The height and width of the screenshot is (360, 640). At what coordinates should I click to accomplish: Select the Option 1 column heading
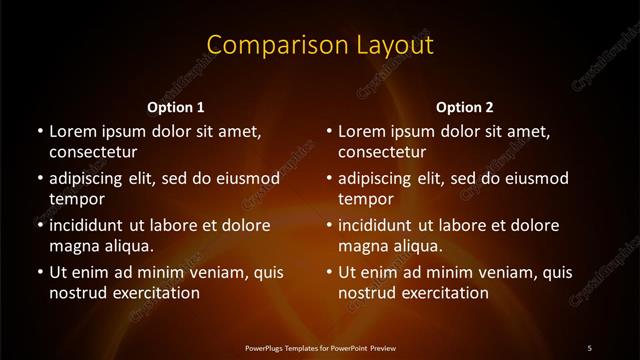pos(176,106)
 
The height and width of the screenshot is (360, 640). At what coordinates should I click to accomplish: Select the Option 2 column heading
pos(465,106)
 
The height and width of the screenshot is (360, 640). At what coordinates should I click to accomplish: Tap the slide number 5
pos(589,347)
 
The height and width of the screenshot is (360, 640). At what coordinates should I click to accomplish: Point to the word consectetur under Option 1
pos(93,152)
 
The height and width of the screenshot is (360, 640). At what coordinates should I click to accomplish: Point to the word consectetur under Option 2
pos(382,152)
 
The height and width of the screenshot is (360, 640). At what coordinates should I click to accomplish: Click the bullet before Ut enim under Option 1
pos(39,272)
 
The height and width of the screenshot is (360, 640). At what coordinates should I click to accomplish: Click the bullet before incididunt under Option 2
pos(328,225)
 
